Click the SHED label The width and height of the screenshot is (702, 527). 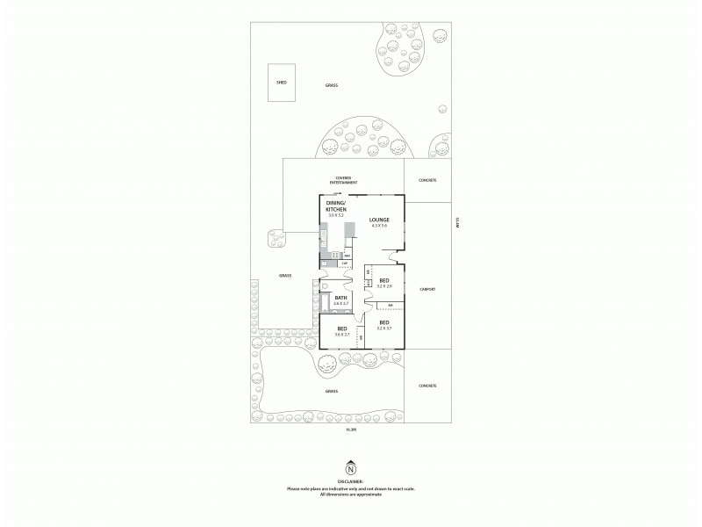[282, 82]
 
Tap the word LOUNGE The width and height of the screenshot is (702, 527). [379, 220]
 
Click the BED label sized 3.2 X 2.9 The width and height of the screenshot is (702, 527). [383, 281]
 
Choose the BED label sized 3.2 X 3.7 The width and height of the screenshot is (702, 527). [383, 323]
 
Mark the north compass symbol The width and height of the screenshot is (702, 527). [351, 467]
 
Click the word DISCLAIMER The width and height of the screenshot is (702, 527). [351, 481]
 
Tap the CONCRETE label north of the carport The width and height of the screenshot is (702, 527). [427, 180]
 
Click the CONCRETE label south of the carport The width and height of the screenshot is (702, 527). [427, 386]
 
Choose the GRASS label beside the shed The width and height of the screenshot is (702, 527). [332, 85]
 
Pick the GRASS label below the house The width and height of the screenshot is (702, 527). [332, 392]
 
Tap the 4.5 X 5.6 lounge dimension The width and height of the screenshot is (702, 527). [379, 227]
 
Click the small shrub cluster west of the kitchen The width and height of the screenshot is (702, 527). [278, 236]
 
